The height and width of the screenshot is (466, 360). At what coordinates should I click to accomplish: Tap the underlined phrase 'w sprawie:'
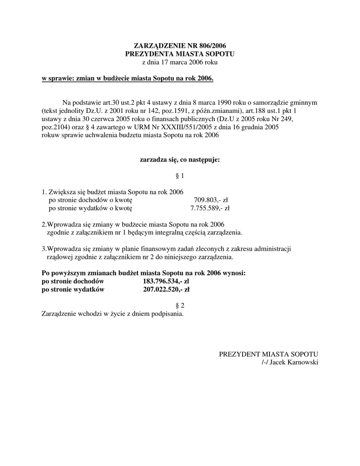point(57,79)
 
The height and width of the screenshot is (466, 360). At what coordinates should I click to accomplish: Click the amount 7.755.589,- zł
point(210,208)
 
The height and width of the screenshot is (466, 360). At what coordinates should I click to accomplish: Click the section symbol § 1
point(180,176)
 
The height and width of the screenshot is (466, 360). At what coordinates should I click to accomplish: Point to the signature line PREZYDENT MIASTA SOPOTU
point(268,354)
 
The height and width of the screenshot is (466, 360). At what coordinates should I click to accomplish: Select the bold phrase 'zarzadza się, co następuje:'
point(180,160)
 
